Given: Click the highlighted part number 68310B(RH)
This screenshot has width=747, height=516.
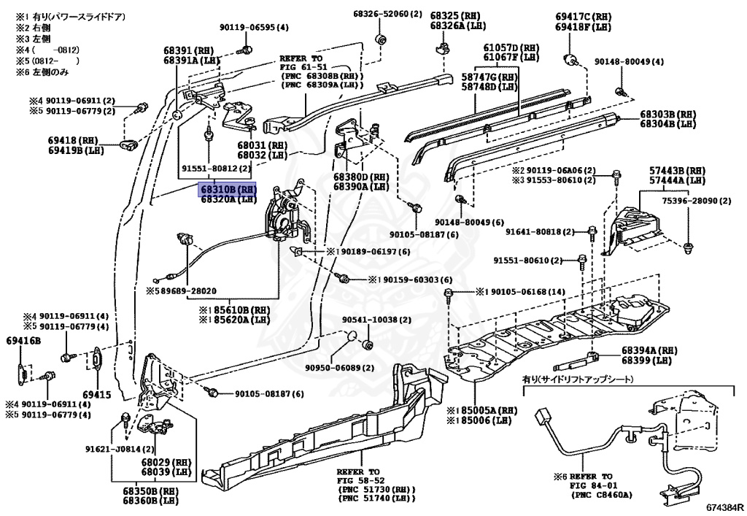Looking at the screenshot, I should tap(228, 188).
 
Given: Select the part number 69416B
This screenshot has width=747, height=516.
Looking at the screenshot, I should tap(24, 341).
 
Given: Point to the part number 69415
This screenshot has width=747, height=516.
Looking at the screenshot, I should tap(97, 395).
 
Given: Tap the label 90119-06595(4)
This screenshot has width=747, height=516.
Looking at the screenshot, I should tap(254, 28).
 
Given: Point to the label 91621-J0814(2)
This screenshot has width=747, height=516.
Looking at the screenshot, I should tap(120, 449).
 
